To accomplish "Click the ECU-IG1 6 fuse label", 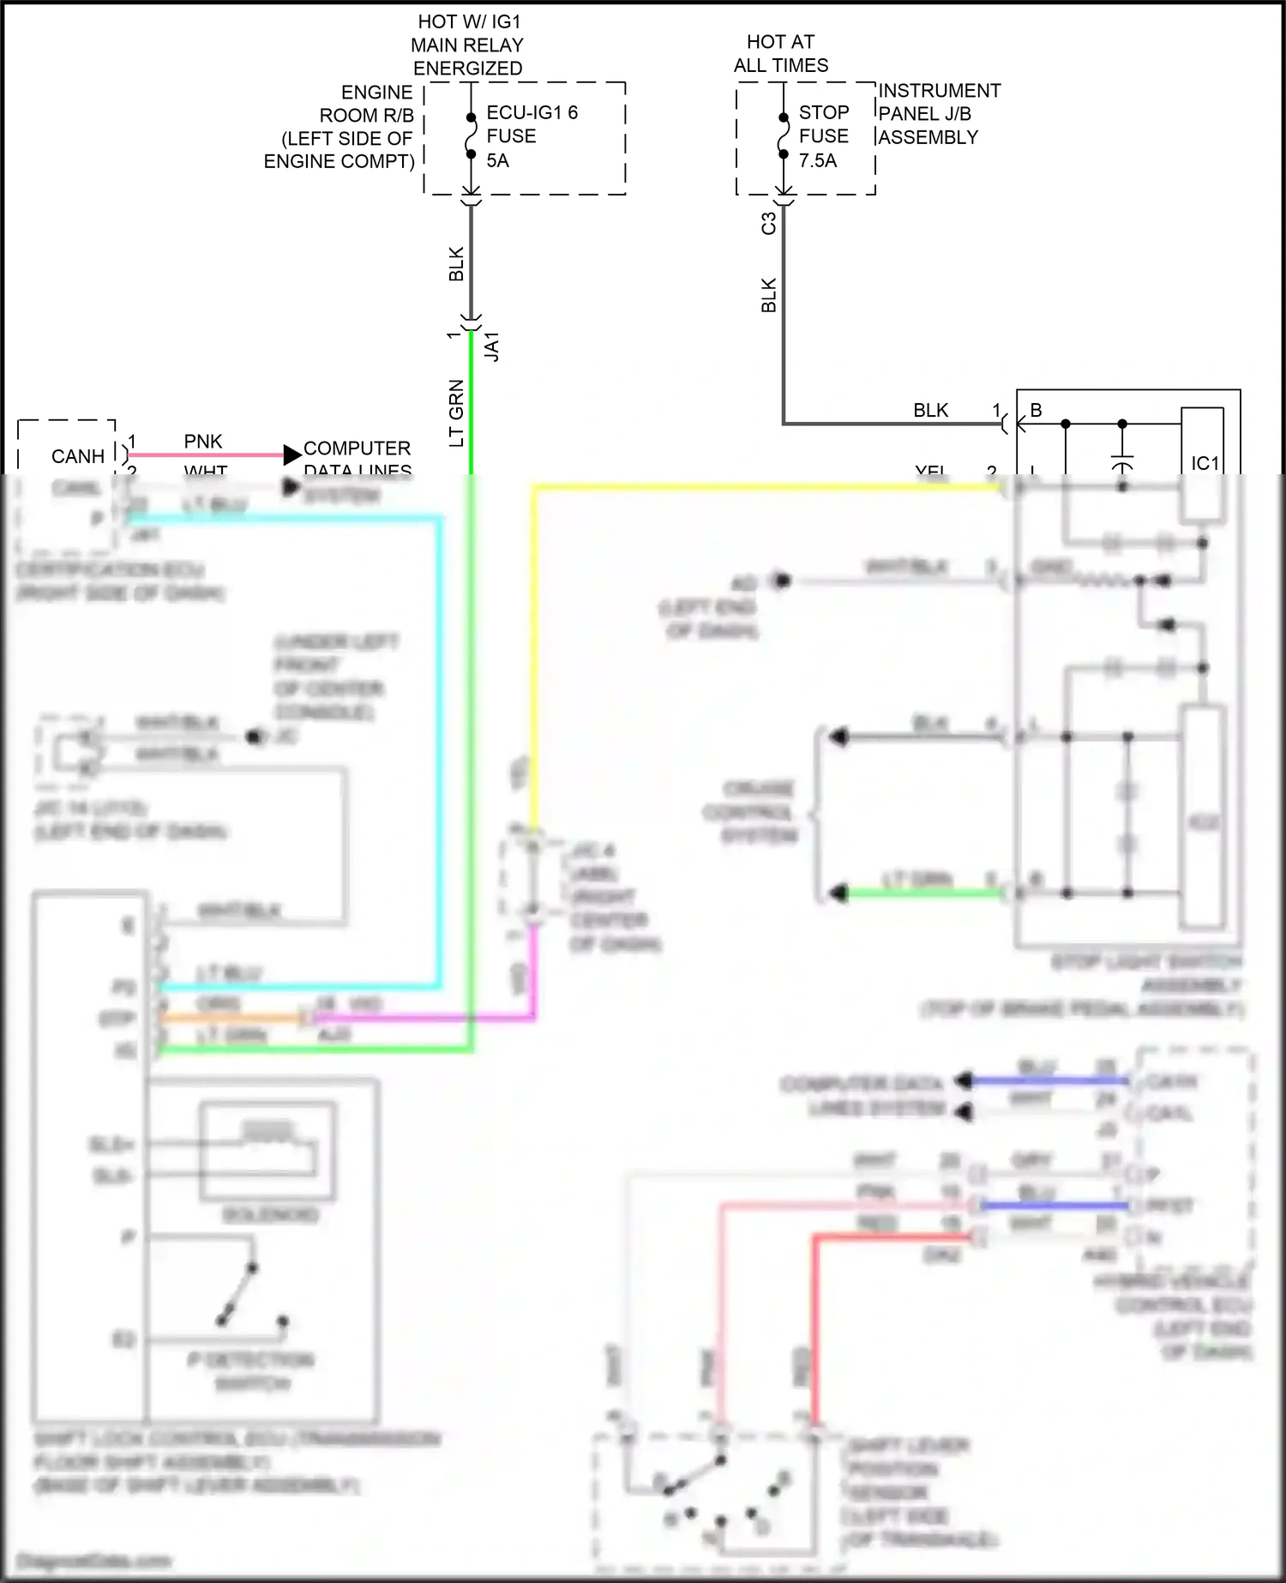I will tap(532, 136).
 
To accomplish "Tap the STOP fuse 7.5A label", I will tap(823, 136).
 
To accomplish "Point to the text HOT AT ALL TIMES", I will tap(781, 53).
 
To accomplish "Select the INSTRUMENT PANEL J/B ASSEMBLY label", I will tap(939, 114).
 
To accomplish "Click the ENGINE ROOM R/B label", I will tap(340, 127).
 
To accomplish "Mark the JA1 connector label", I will tap(492, 346).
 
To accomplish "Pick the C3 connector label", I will tap(769, 223).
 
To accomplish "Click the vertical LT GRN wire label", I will tap(457, 412).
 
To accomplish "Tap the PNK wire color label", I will tap(203, 442).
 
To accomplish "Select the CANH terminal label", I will tap(78, 456).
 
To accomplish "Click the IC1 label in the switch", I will tap(1205, 463).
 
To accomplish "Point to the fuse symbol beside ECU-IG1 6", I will tap(471, 135).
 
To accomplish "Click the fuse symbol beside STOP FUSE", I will tap(783, 135).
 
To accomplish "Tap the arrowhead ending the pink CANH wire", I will tap(292, 454).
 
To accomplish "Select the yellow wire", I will tap(533, 652).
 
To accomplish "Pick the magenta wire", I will tap(429, 1018).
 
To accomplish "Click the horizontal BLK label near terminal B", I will tap(930, 411).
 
